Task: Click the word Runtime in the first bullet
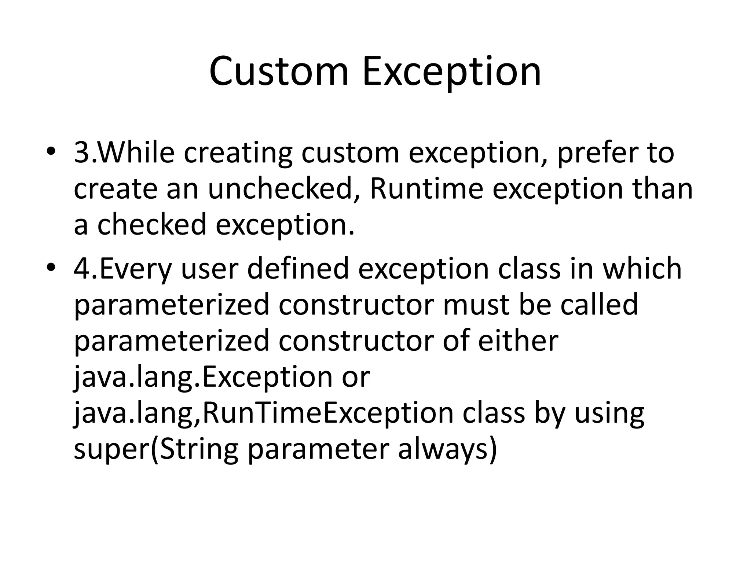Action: point(426,189)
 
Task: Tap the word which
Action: point(642,268)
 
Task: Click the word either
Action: point(518,340)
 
